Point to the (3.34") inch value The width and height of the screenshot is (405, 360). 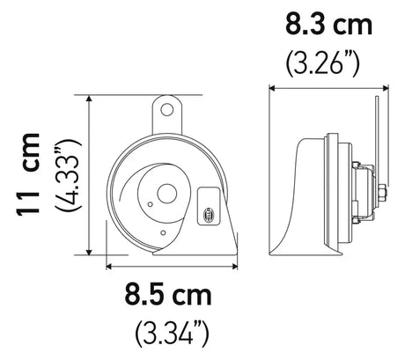[x=172, y=332]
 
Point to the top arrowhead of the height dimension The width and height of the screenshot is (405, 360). [x=91, y=99]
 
